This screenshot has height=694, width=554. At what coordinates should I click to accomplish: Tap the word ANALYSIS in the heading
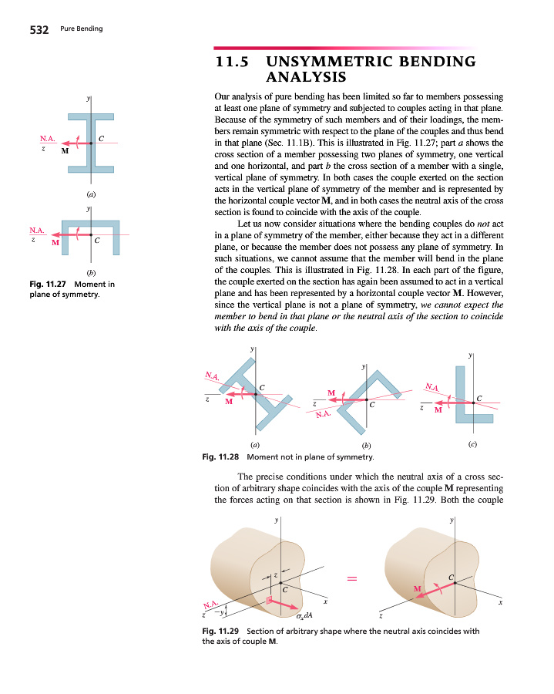(x=306, y=77)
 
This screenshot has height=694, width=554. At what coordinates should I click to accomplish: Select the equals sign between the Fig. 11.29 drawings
(x=351, y=578)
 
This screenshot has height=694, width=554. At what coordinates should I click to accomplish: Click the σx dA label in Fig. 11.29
(x=304, y=615)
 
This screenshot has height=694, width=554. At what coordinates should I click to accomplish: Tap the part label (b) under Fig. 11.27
(x=90, y=272)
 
